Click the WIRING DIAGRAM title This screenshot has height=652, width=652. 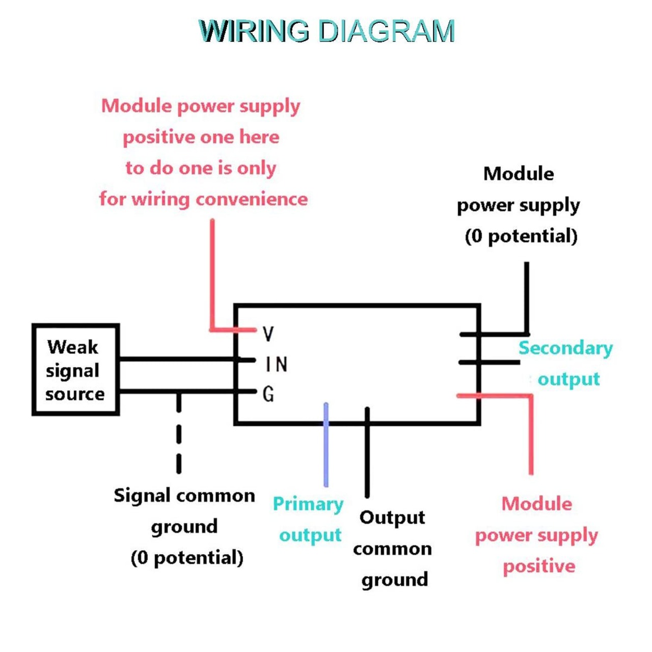click(326, 31)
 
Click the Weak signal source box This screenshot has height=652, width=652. click(75, 370)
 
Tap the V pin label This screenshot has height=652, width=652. click(268, 334)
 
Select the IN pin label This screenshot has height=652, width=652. click(277, 364)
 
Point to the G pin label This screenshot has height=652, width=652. click(268, 394)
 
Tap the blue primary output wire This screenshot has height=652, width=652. click(326, 448)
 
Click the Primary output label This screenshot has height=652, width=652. click(309, 519)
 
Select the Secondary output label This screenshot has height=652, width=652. click(566, 363)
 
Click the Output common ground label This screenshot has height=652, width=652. click(393, 549)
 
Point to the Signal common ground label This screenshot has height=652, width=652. click(185, 526)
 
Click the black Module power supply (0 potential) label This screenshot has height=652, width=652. click(519, 205)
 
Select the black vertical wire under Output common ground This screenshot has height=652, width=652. click(367, 458)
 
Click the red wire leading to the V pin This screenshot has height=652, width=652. click(212, 275)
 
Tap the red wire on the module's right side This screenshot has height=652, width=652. click(531, 433)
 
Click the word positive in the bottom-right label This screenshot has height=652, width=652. click(539, 566)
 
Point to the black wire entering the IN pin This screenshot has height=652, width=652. click(178, 360)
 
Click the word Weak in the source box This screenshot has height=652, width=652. click(73, 347)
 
